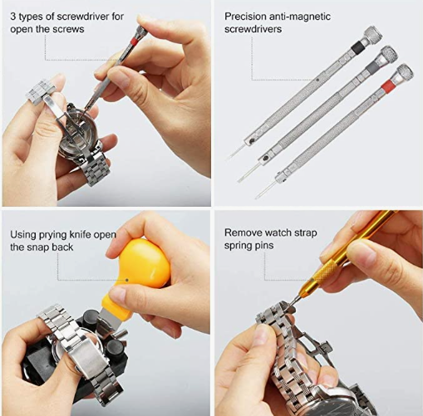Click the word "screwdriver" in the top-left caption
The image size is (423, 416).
coord(83,17)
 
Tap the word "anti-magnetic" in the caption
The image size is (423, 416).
coord(300,17)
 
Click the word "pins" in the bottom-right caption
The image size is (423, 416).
coord(264,246)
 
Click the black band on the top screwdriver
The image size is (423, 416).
coord(357,46)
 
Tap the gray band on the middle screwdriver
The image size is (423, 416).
coord(372,66)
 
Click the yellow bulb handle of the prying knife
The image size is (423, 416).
coord(146,262)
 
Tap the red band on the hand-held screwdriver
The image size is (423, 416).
coord(134,42)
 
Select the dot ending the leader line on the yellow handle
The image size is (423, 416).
coord(127,280)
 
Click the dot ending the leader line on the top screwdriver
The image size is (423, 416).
coord(317,80)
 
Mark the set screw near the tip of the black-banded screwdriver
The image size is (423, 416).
coord(252,141)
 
